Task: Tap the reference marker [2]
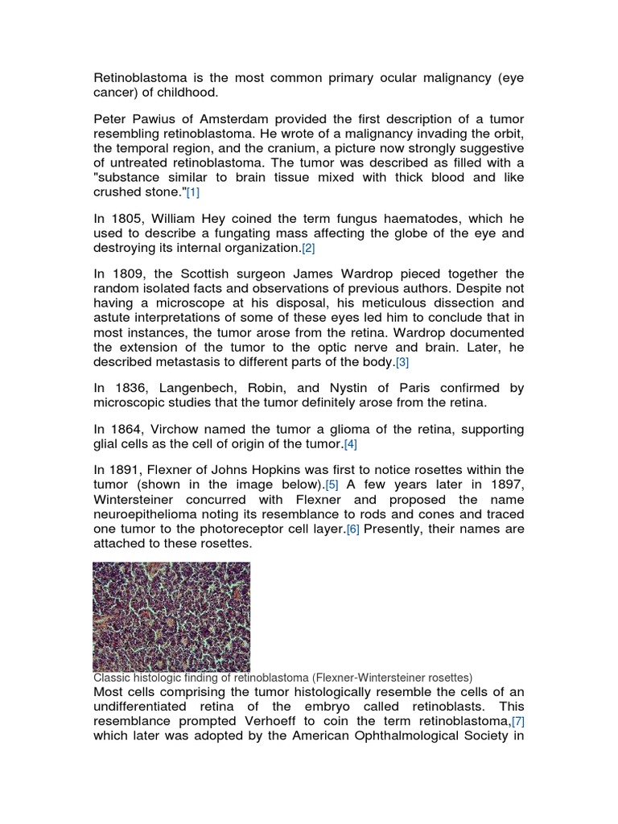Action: coord(308,249)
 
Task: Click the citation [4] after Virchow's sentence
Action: coord(350,444)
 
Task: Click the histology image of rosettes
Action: coord(171,616)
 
